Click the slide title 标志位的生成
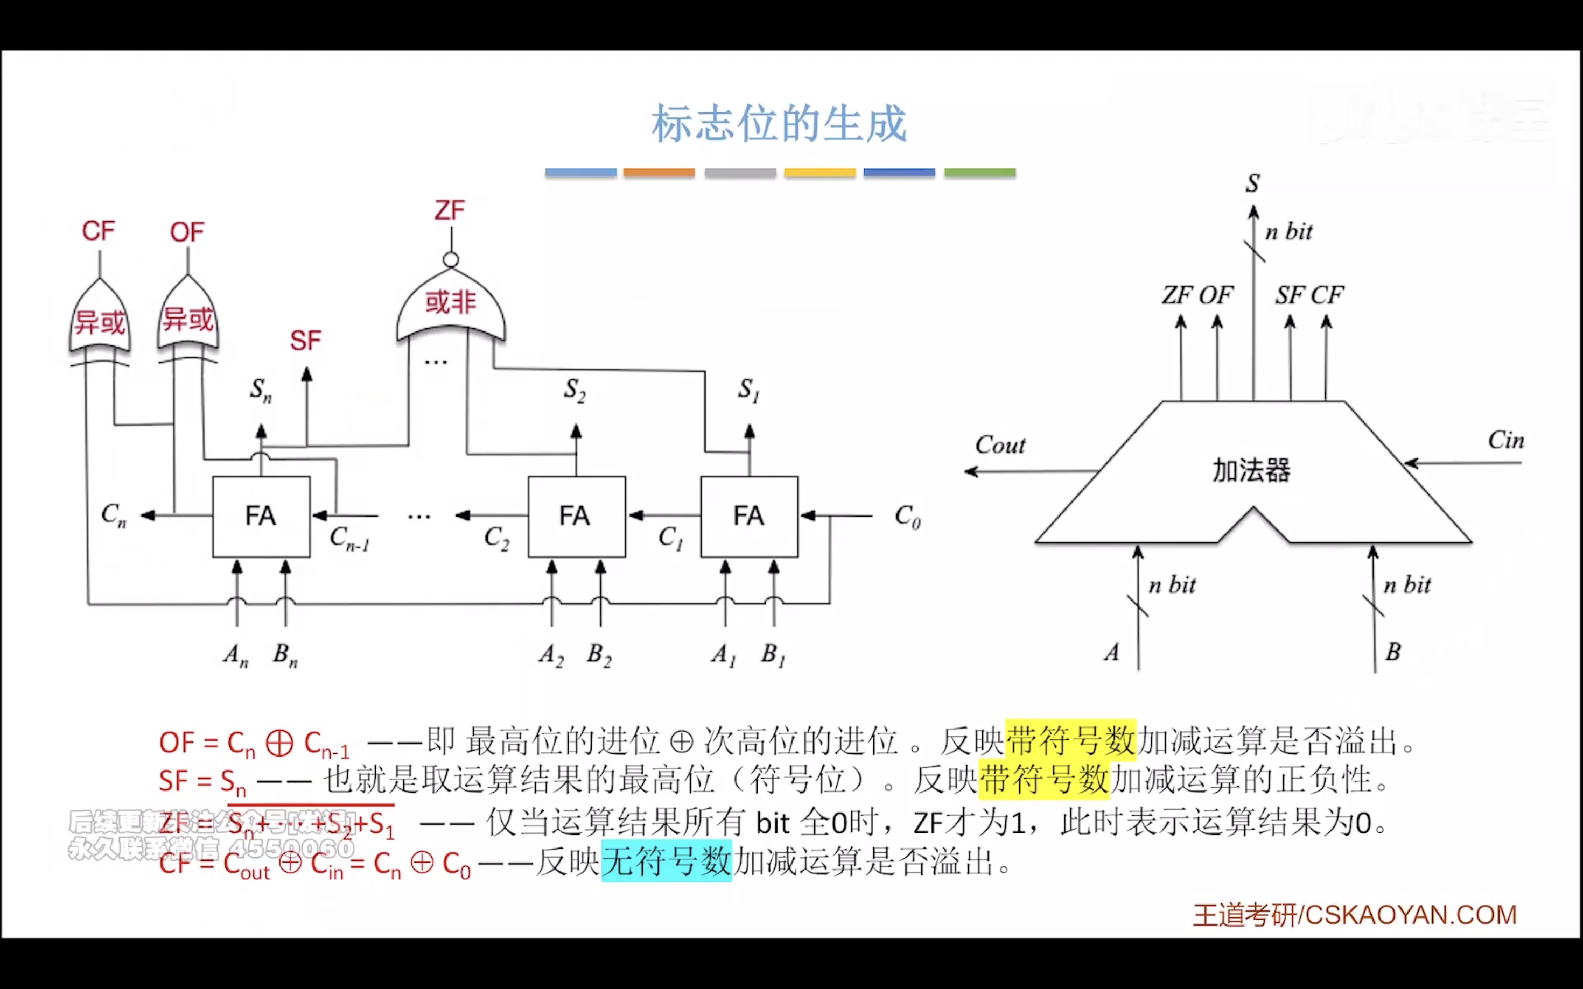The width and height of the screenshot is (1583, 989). click(x=779, y=124)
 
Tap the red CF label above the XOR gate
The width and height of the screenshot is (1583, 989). click(x=98, y=231)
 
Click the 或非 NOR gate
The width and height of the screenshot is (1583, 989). click(x=451, y=304)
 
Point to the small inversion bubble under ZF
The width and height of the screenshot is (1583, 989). click(x=450, y=260)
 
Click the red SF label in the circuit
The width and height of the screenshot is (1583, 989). click(x=306, y=341)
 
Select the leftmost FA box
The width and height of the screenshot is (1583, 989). click(x=261, y=517)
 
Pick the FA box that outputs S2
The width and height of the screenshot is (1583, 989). click(x=576, y=517)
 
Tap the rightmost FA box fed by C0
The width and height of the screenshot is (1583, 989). click(x=748, y=517)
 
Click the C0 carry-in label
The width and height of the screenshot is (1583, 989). click(x=907, y=517)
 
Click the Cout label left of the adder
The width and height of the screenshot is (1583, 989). click(x=1000, y=446)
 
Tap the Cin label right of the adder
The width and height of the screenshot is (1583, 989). click(x=1505, y=440)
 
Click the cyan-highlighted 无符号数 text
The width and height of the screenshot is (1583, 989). click(x=666, y=861)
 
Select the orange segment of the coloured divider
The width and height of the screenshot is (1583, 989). click(x=659, y=173)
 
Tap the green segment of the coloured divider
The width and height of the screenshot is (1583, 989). click(x=979, y=173)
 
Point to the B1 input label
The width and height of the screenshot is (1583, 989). click(x=772, y=654)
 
